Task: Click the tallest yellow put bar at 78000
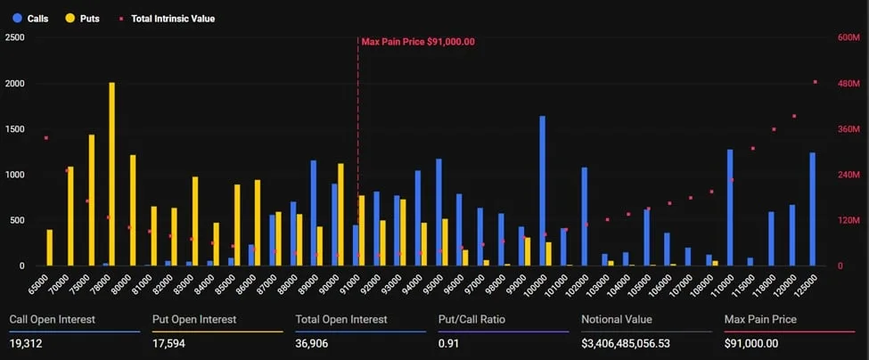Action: pos(112,175)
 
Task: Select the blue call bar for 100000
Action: pos(542,192)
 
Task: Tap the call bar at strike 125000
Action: pos(812,209)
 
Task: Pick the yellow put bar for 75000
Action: pos(91,200)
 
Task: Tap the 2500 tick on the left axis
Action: pos(14,37)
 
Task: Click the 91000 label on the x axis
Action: pos(353,282)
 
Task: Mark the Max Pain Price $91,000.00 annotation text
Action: pos(418,41)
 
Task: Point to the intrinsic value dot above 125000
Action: pos(815,82)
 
